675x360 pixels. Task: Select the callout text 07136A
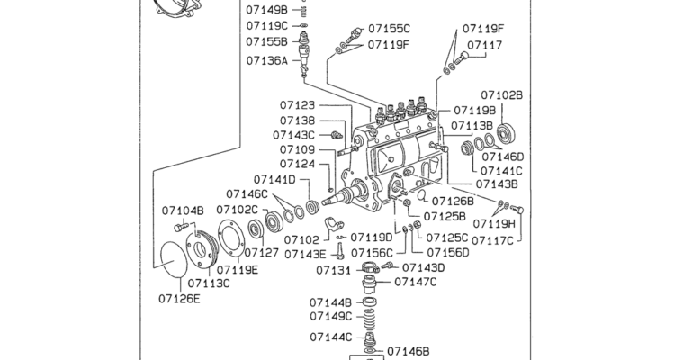(266, 61)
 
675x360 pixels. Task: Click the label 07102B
(501, 94)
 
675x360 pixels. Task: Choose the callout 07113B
(472, 125)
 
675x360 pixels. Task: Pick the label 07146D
(502, 156)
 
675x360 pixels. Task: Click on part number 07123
(297, 105)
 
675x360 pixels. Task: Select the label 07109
(297, 149)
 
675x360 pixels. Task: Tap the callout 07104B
(184, 211)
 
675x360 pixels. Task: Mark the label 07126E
(180, 298)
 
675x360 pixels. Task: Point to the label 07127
(262, 253)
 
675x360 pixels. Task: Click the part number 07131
(332, 270)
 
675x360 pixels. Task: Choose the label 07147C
(415, 282)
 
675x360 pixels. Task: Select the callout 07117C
(494, 240)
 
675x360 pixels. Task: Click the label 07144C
(331, 337)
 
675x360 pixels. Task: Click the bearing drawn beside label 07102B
(506, 132)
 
